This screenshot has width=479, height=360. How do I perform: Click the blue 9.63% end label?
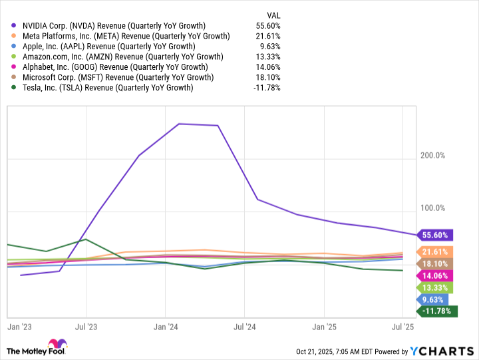pos(432,299)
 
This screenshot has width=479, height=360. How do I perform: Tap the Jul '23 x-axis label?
pos(86,327)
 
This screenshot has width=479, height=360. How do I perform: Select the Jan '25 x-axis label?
pos(324,327)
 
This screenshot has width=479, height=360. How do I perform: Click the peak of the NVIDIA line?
pos(179,124)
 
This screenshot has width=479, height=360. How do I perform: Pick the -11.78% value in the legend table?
pos(266,87)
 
